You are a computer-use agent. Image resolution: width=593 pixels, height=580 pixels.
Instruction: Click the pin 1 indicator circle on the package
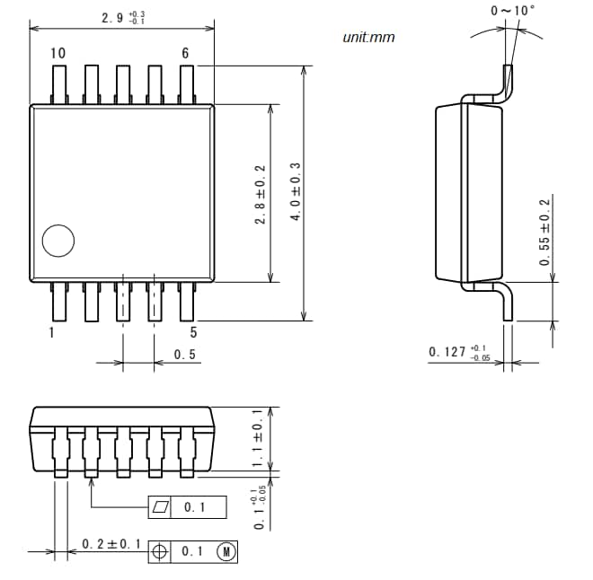(x=59, y=240)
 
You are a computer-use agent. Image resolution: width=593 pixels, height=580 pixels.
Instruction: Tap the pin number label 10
(x=58, y=53)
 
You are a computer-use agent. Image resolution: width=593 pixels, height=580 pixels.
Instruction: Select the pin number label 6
(x=185, y=53)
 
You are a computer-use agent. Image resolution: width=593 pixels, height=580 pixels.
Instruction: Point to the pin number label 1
(x=51, y=333)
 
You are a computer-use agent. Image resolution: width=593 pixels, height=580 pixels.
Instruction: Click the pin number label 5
(x=192, y=333)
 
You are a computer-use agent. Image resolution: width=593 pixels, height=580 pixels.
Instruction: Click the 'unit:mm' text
(x=368, y=37)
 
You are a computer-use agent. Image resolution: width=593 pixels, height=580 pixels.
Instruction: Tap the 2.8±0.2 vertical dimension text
(x=261, y=194)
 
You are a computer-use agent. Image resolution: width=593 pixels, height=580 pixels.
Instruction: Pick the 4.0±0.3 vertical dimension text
(x=295, y=194)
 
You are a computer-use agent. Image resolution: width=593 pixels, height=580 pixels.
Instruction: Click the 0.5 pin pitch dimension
(x=185, y=356)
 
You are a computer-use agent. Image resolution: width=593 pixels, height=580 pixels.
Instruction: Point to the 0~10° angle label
(x=512, y=10)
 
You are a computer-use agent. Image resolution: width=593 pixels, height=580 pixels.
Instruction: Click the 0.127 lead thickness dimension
(x=458, y=352)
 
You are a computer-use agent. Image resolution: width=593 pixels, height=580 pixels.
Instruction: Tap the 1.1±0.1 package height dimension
(x=258, y=438)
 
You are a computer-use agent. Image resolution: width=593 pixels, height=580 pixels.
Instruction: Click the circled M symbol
(x=226, y=551)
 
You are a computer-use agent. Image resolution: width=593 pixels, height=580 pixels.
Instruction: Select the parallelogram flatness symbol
(x=161, y=507)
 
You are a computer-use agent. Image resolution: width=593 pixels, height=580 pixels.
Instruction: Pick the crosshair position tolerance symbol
(x=161, y=551)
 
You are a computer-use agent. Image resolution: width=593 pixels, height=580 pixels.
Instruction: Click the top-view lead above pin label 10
(x=59, y=84)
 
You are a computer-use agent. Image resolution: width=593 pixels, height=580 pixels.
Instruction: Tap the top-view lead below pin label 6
(x=187, y=84)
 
